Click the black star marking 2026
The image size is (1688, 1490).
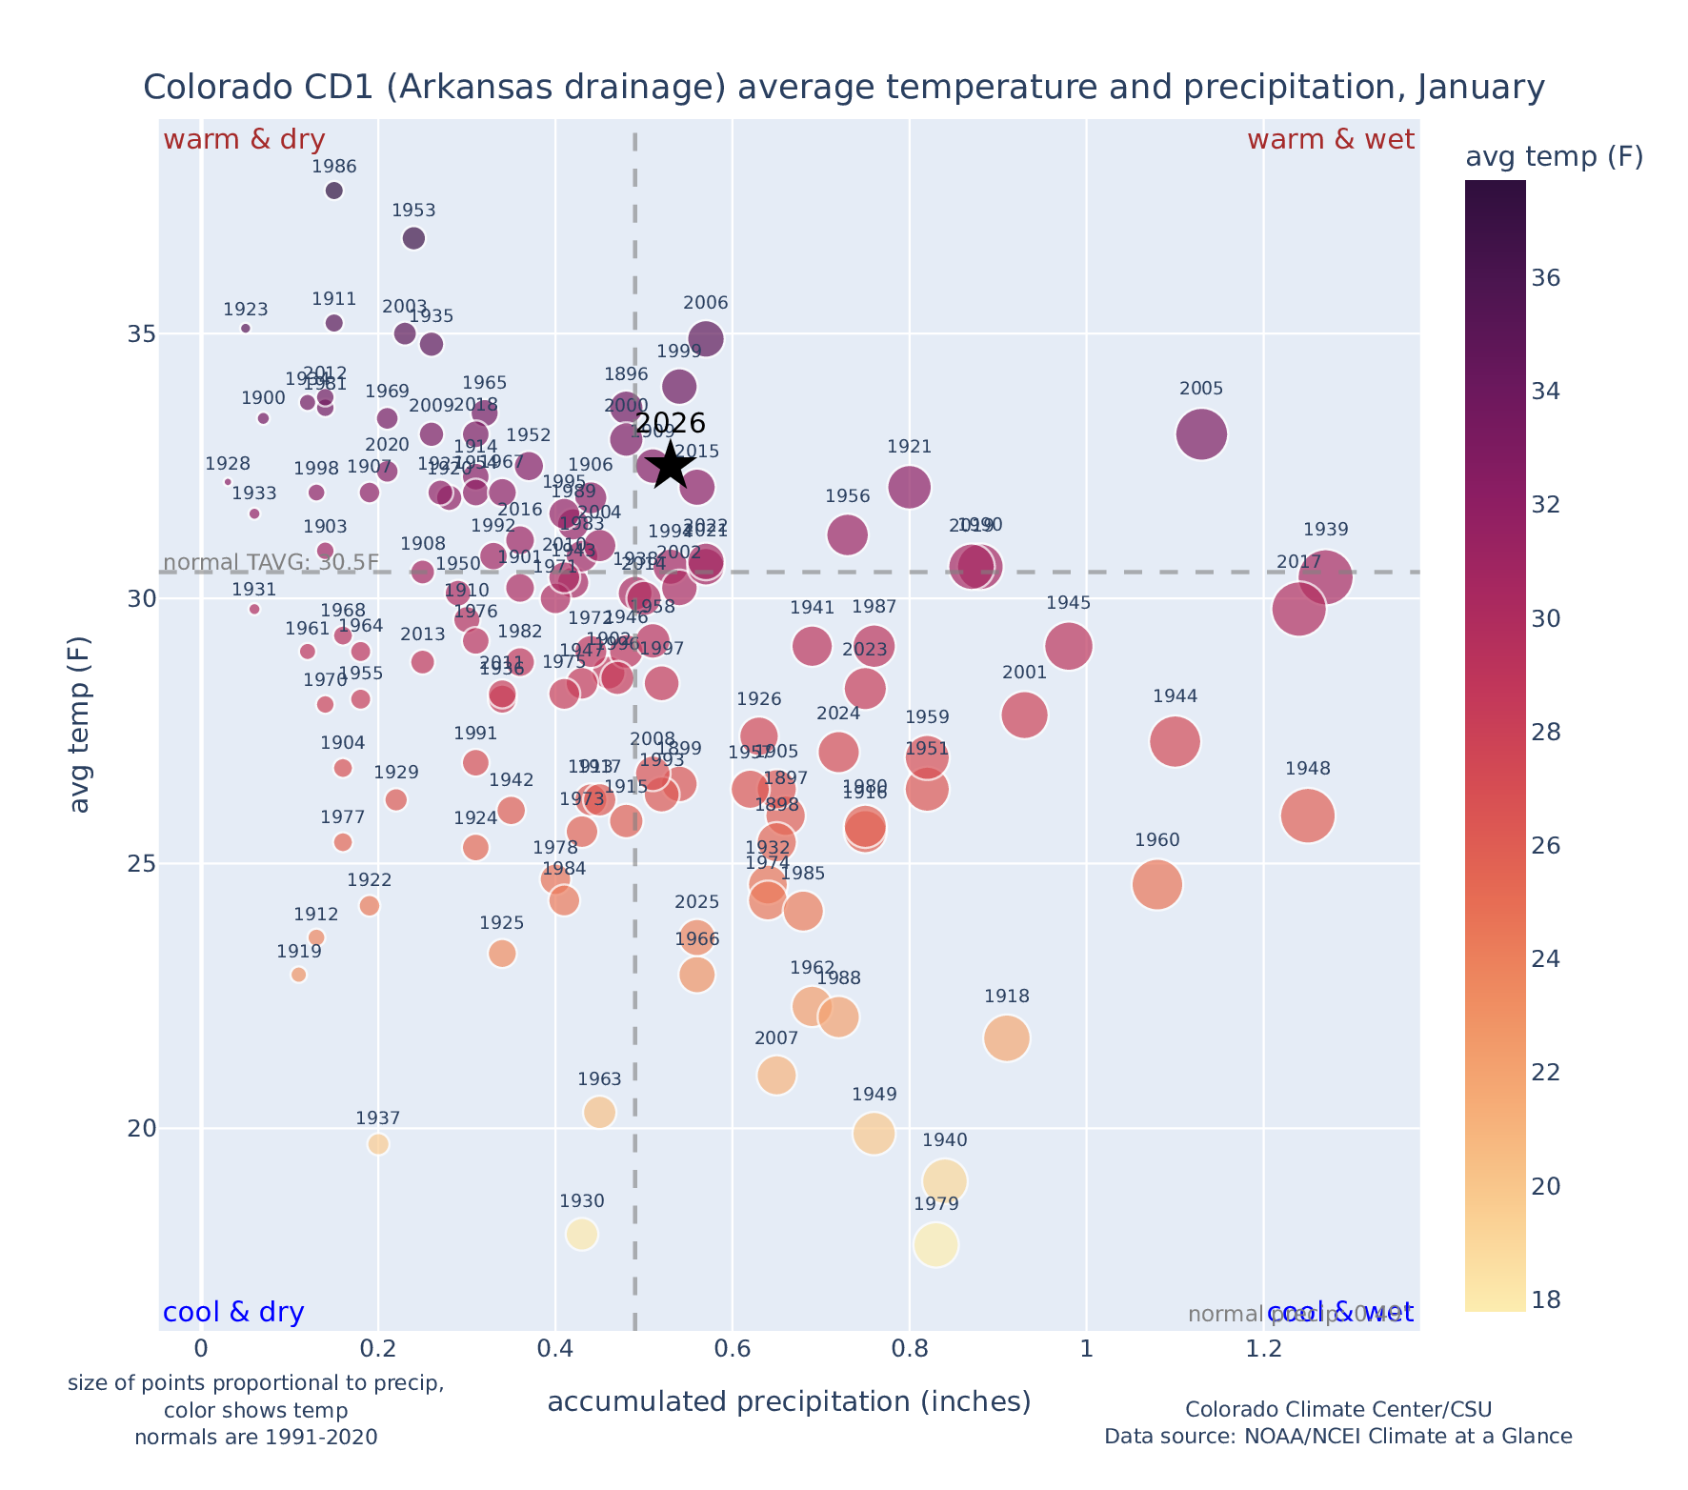[671, 465]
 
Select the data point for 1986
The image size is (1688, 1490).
[334, 191]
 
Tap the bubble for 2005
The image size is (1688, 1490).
[1201, 434]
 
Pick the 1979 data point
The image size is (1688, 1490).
[935, 1245]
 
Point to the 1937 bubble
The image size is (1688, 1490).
[378, 1144]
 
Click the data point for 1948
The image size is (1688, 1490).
[1307, 815]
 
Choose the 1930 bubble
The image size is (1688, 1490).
[582, 1235]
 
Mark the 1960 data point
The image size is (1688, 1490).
[1157, 885]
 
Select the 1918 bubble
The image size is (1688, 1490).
[1007, 1038]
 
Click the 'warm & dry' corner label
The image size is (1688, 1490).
[245, 140]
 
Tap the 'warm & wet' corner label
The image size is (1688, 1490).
[1330, 140]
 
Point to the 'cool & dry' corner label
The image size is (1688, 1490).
[233, 1313]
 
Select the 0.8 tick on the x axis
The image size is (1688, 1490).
[910, 1350]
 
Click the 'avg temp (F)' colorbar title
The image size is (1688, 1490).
[1554, 157]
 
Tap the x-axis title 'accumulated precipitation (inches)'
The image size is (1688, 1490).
[789, 1402]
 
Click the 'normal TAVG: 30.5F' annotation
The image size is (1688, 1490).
[271, 563]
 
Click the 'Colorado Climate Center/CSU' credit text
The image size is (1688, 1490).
[1337, 1410]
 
